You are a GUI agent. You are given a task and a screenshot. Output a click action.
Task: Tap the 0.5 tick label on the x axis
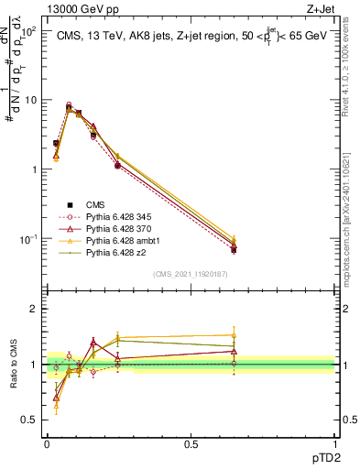(191, 442)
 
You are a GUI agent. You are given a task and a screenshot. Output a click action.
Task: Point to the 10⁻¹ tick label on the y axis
(28, 238)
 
